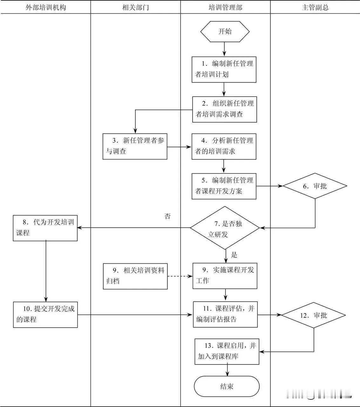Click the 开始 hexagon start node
(225, 31)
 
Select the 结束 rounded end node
(227, 386)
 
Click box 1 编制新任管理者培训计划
(224, 69)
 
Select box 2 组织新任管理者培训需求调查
(224, 109)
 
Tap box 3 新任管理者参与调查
(135, 146)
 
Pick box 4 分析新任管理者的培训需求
(224, 146)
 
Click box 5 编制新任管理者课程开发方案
(224, 186)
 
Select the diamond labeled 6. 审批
(315, 186)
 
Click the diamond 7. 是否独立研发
(225, 228)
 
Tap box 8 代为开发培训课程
(45, 228)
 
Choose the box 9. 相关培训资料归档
(135, 276)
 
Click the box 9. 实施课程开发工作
(225, 276)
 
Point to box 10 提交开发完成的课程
(45, 314)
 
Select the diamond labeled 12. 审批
(314, 315)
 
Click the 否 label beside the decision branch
(167, 217)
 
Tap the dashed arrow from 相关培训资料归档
(180, 276)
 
